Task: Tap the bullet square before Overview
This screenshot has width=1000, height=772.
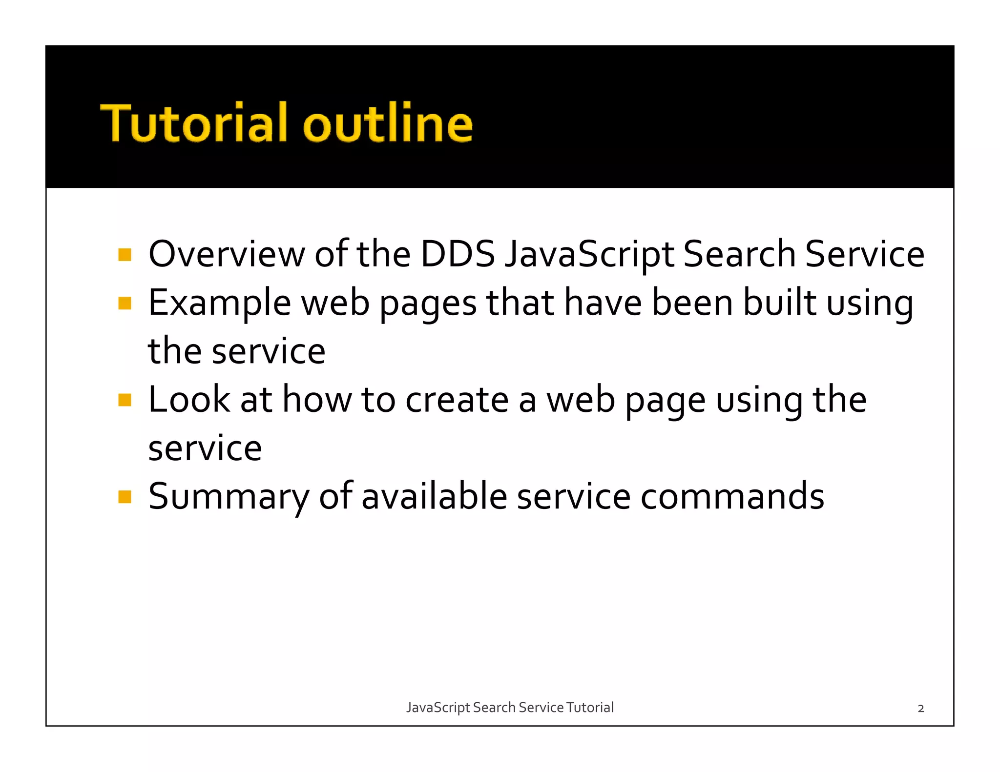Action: click(x=125, y=255)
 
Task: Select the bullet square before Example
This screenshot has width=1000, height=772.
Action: click(x=125, y=304)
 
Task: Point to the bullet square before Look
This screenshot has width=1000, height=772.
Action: click(x=125, y=400)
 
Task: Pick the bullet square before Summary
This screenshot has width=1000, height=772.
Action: click(x=125, y=497)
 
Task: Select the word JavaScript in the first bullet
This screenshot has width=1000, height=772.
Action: click(x=589, y=255)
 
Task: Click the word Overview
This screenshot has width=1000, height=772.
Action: click(x=227, y=255)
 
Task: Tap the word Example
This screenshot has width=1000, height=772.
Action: click(x=220, y=304)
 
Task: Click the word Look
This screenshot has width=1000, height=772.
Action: click(x=189, y=400)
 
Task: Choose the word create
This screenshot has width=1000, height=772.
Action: click(x=457, y=400)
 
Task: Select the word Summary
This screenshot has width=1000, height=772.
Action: click(x=228, y=497)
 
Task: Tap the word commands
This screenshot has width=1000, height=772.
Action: click(x=732, y=497)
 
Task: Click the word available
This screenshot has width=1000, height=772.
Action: click(x=434, y=497)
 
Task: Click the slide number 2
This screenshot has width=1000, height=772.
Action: click(x=920, y=709)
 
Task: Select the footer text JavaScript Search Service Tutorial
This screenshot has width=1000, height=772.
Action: click(x=510, y=708)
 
